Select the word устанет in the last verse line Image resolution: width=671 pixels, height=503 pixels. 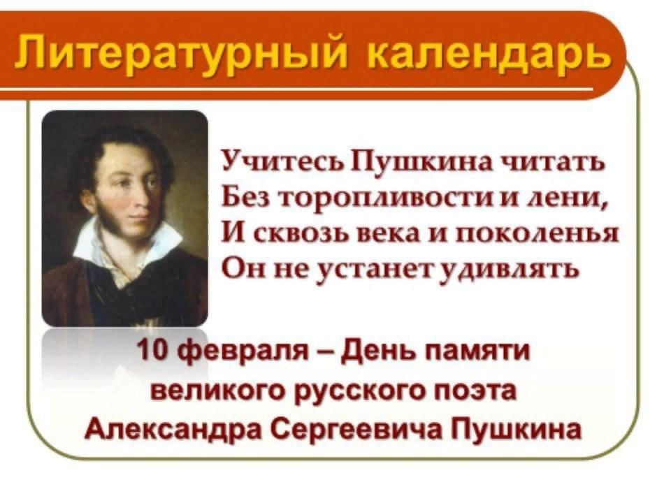(x=377, y=269)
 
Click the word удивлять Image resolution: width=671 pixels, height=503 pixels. (x=510, y=270)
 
